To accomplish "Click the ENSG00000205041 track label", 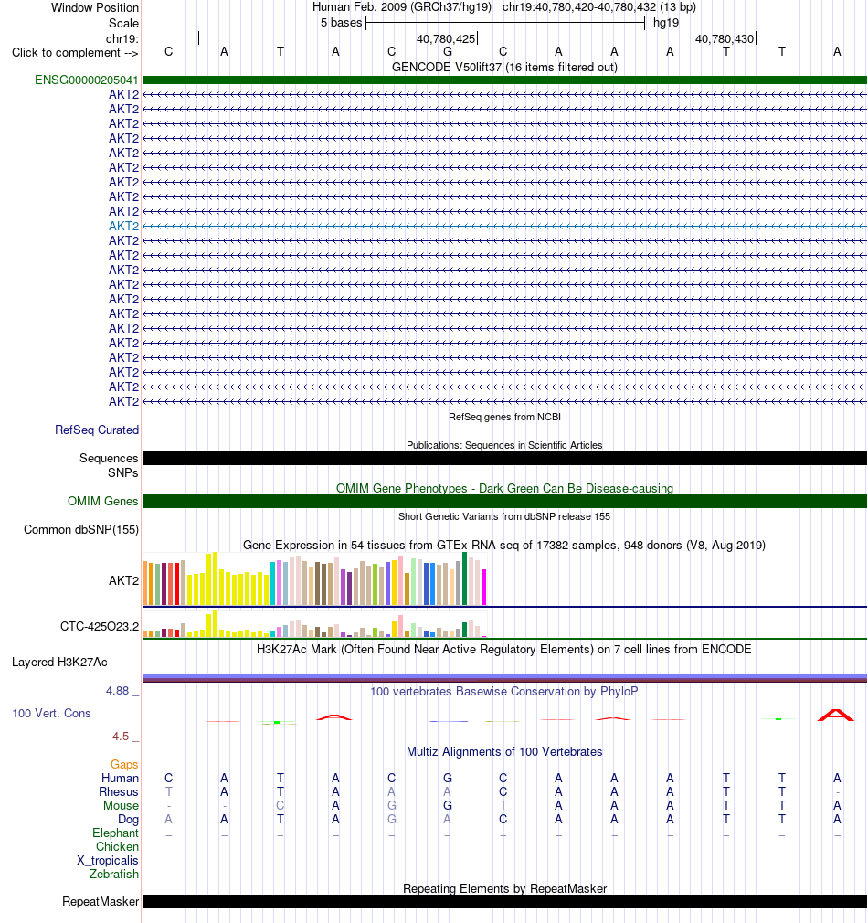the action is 87,80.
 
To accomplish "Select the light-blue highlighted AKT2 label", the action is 123,226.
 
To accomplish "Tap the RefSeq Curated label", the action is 97,430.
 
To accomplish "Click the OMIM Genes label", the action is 103,501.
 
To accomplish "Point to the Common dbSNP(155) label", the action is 81,529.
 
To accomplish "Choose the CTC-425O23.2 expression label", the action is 100,626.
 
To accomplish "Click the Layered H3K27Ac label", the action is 59,663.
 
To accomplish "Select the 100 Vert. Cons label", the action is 51,714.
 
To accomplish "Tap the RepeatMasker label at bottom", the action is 101,902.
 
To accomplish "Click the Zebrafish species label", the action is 114,875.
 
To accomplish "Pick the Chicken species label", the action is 118,846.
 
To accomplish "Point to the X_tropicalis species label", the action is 108,861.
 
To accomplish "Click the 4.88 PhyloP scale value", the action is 117,691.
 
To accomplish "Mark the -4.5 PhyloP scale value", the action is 119,737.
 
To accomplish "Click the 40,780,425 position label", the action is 446,39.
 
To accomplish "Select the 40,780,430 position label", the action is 725,39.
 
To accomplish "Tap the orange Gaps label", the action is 124,764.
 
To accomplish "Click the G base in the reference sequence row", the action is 448,52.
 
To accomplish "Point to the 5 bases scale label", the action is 342,22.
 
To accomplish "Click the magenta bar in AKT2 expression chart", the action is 484,587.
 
